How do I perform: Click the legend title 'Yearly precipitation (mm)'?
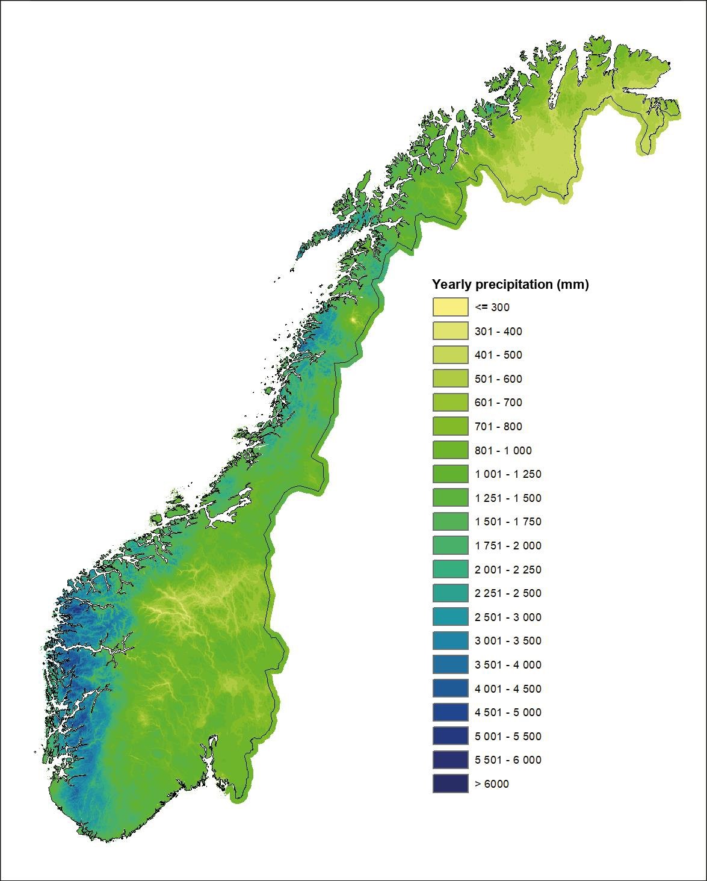tap(510, 285)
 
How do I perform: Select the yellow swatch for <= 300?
tap(450, 307)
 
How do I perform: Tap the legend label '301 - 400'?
tap(498, 331)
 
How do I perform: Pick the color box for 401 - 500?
tap(450, 354)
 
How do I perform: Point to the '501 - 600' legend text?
tap(498, 379)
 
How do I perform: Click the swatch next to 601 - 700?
tap(450, 402)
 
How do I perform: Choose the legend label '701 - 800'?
tap(498, 426)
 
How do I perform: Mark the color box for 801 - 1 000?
tap(450, 450)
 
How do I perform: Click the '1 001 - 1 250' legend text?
tap(508, 474)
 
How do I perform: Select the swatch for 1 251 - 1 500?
tap(450, 498)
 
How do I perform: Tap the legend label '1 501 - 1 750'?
tap(508, 522)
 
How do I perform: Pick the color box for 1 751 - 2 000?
tap(450, 545)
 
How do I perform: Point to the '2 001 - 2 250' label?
tap(508, 569)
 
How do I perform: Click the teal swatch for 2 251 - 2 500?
tap(450, 593)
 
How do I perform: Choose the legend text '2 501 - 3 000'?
tap(508, 617)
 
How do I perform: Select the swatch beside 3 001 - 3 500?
tap(450, 640)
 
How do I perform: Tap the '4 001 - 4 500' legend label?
tap(508, 688)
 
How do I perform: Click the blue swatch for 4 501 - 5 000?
tap(450, 712)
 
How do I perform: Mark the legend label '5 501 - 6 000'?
tap(508, 759)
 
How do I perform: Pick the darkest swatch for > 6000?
tap(450, 784)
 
